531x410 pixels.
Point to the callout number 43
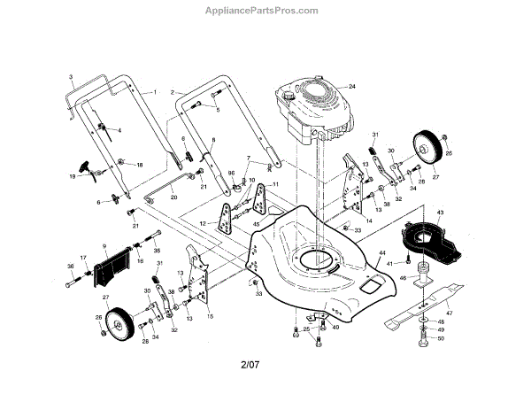pyautogui.click(x=440, y=213)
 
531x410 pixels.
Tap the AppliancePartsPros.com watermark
pyautogui.click(x=265, y=10)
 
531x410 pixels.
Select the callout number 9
pyautogui.click(x=104, y=245)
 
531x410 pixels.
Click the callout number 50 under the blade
pyautogui.click(x=441, y=339)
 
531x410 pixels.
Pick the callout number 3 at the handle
pyautogui.click(x=70, y=79)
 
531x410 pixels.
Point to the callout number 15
pyautogui.click(x=210, y=315)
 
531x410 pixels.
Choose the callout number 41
pyautogui.click(x=389, y=264)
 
